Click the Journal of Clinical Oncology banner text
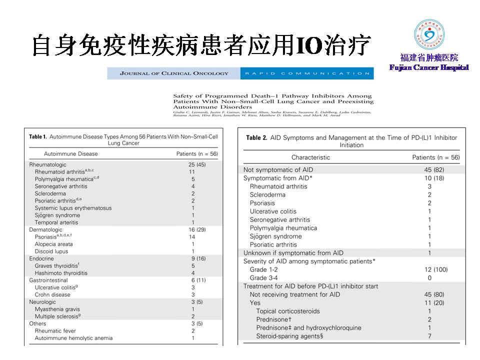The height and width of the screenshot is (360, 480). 174,73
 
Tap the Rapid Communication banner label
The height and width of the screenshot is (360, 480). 306,73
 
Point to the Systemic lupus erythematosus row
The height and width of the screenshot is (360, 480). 73,208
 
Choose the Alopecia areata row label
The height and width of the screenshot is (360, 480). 53,244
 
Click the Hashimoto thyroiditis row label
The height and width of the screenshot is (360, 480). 60,273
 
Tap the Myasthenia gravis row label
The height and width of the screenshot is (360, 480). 57,309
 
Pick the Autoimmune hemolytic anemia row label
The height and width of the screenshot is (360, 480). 73,338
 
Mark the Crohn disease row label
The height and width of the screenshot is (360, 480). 52,294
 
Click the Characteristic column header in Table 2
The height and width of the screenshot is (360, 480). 310,157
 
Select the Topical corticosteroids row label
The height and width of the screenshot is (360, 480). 287,311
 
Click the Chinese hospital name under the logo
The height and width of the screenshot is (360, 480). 429,57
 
